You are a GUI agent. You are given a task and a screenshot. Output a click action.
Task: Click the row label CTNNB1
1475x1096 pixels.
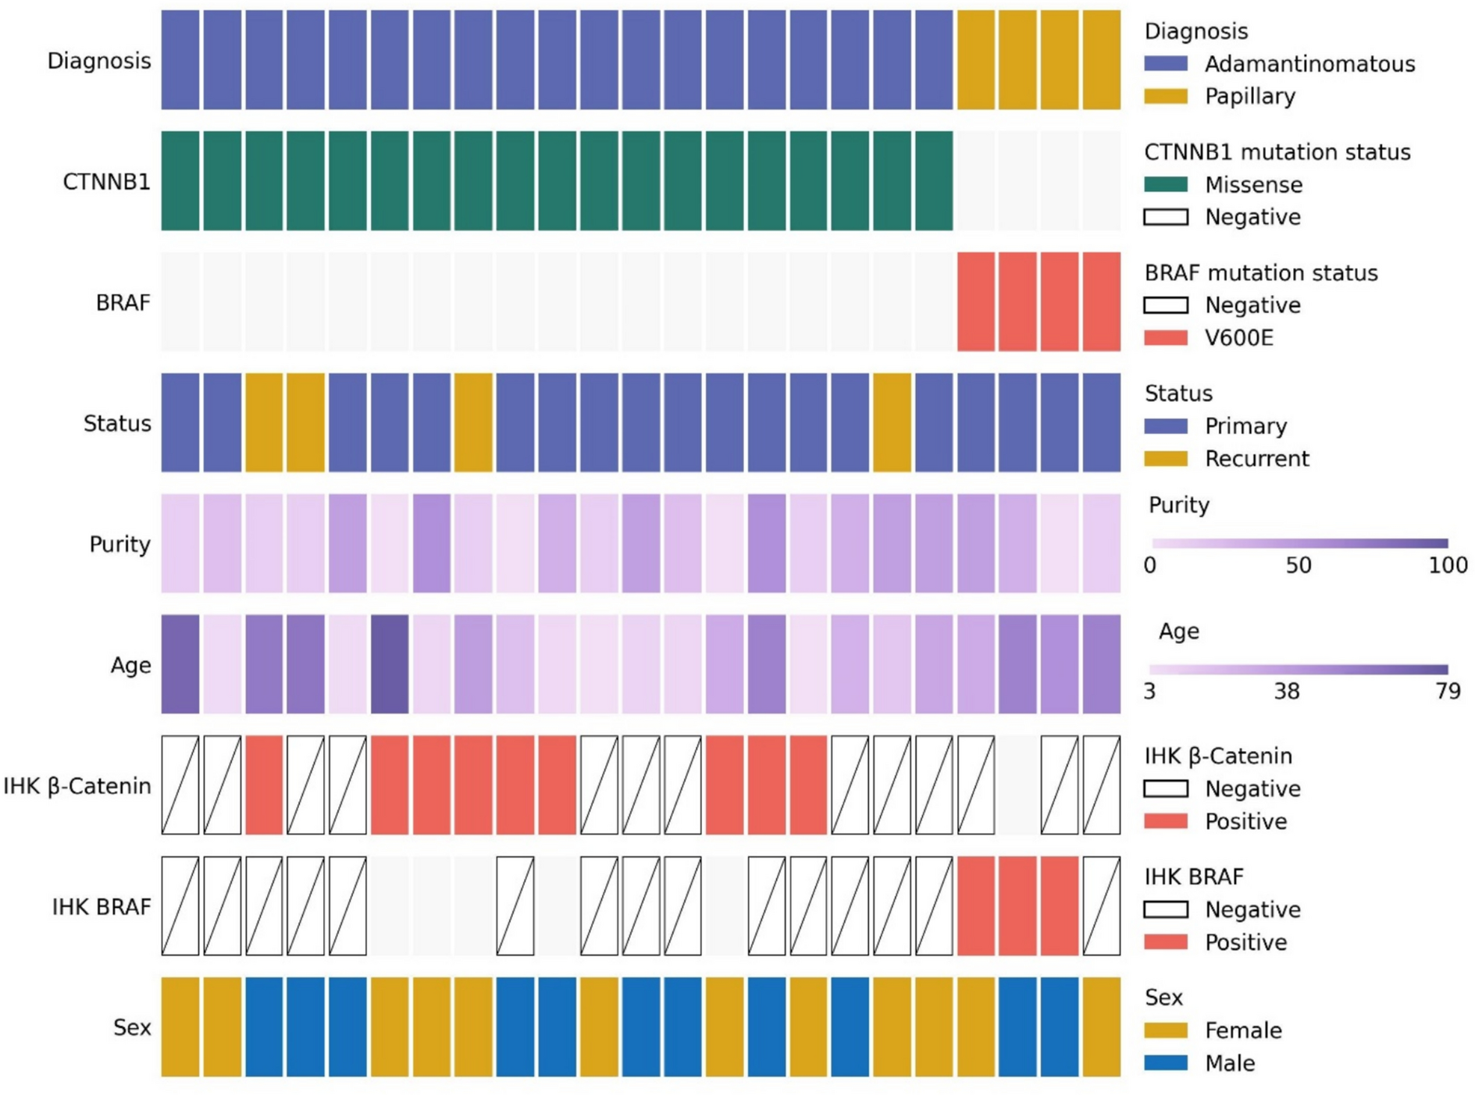pos(106,182)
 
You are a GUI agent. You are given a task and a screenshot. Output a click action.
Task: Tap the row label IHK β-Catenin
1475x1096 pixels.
pos(77,786)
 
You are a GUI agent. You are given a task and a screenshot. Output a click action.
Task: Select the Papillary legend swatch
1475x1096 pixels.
pos(1165,96)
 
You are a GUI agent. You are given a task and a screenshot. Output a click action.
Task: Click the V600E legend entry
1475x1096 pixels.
pos(1238,338)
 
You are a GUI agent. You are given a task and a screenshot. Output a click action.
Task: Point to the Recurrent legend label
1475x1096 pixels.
pos(1256,459)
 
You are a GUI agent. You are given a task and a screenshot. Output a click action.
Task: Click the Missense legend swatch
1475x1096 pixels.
pos(1165,185)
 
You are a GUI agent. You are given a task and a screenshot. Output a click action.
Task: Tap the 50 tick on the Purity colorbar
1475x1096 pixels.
pos(1299,565)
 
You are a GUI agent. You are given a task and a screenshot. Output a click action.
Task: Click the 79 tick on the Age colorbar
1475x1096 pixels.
pos(1448,691)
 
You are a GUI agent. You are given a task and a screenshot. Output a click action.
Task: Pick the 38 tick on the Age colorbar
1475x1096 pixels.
pos(1287,691)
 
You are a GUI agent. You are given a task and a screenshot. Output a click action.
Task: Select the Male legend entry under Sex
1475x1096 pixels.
pos(1230,1063)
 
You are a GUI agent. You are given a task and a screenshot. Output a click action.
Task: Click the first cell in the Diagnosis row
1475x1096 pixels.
pos(180,60)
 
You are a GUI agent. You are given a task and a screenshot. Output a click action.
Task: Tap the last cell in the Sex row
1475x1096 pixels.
pos(1101,1027)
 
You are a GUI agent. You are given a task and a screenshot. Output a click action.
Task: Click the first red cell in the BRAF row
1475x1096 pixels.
pos(976,302)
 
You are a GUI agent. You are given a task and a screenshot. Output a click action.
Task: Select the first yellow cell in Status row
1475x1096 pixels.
pos(264,423)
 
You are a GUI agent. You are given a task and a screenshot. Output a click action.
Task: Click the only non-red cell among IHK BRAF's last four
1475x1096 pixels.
pos(1101,906)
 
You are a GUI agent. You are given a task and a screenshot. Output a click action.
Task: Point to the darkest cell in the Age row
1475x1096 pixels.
pos(390,664)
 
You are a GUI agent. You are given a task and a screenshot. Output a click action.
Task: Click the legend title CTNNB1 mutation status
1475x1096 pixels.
pos(1277,152)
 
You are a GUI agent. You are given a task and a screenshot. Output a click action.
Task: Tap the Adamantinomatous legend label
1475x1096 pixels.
pos(1309,64)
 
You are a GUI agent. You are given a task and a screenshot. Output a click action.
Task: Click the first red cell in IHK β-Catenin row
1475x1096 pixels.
pos(264,785)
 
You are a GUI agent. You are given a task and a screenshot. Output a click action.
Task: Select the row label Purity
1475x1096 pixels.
pos(119,544)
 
